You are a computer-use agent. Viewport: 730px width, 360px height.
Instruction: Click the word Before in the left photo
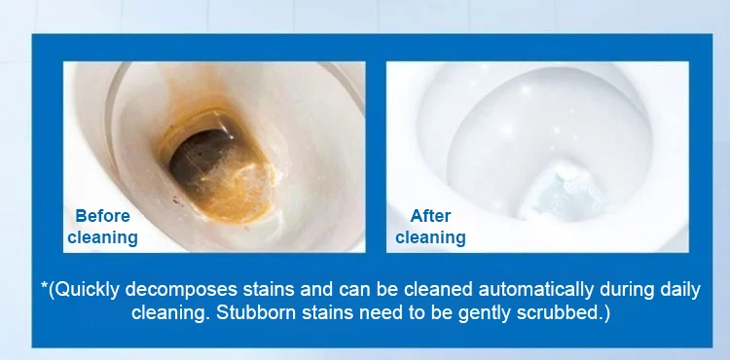102,216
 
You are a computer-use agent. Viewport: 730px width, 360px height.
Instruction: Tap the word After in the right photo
430,216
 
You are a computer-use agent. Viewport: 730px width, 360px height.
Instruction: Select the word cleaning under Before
102,237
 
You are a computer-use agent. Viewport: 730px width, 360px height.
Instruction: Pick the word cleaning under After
430,237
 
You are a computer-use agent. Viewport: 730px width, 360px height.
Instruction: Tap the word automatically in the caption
536,290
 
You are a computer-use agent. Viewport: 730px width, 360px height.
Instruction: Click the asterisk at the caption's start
44,285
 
